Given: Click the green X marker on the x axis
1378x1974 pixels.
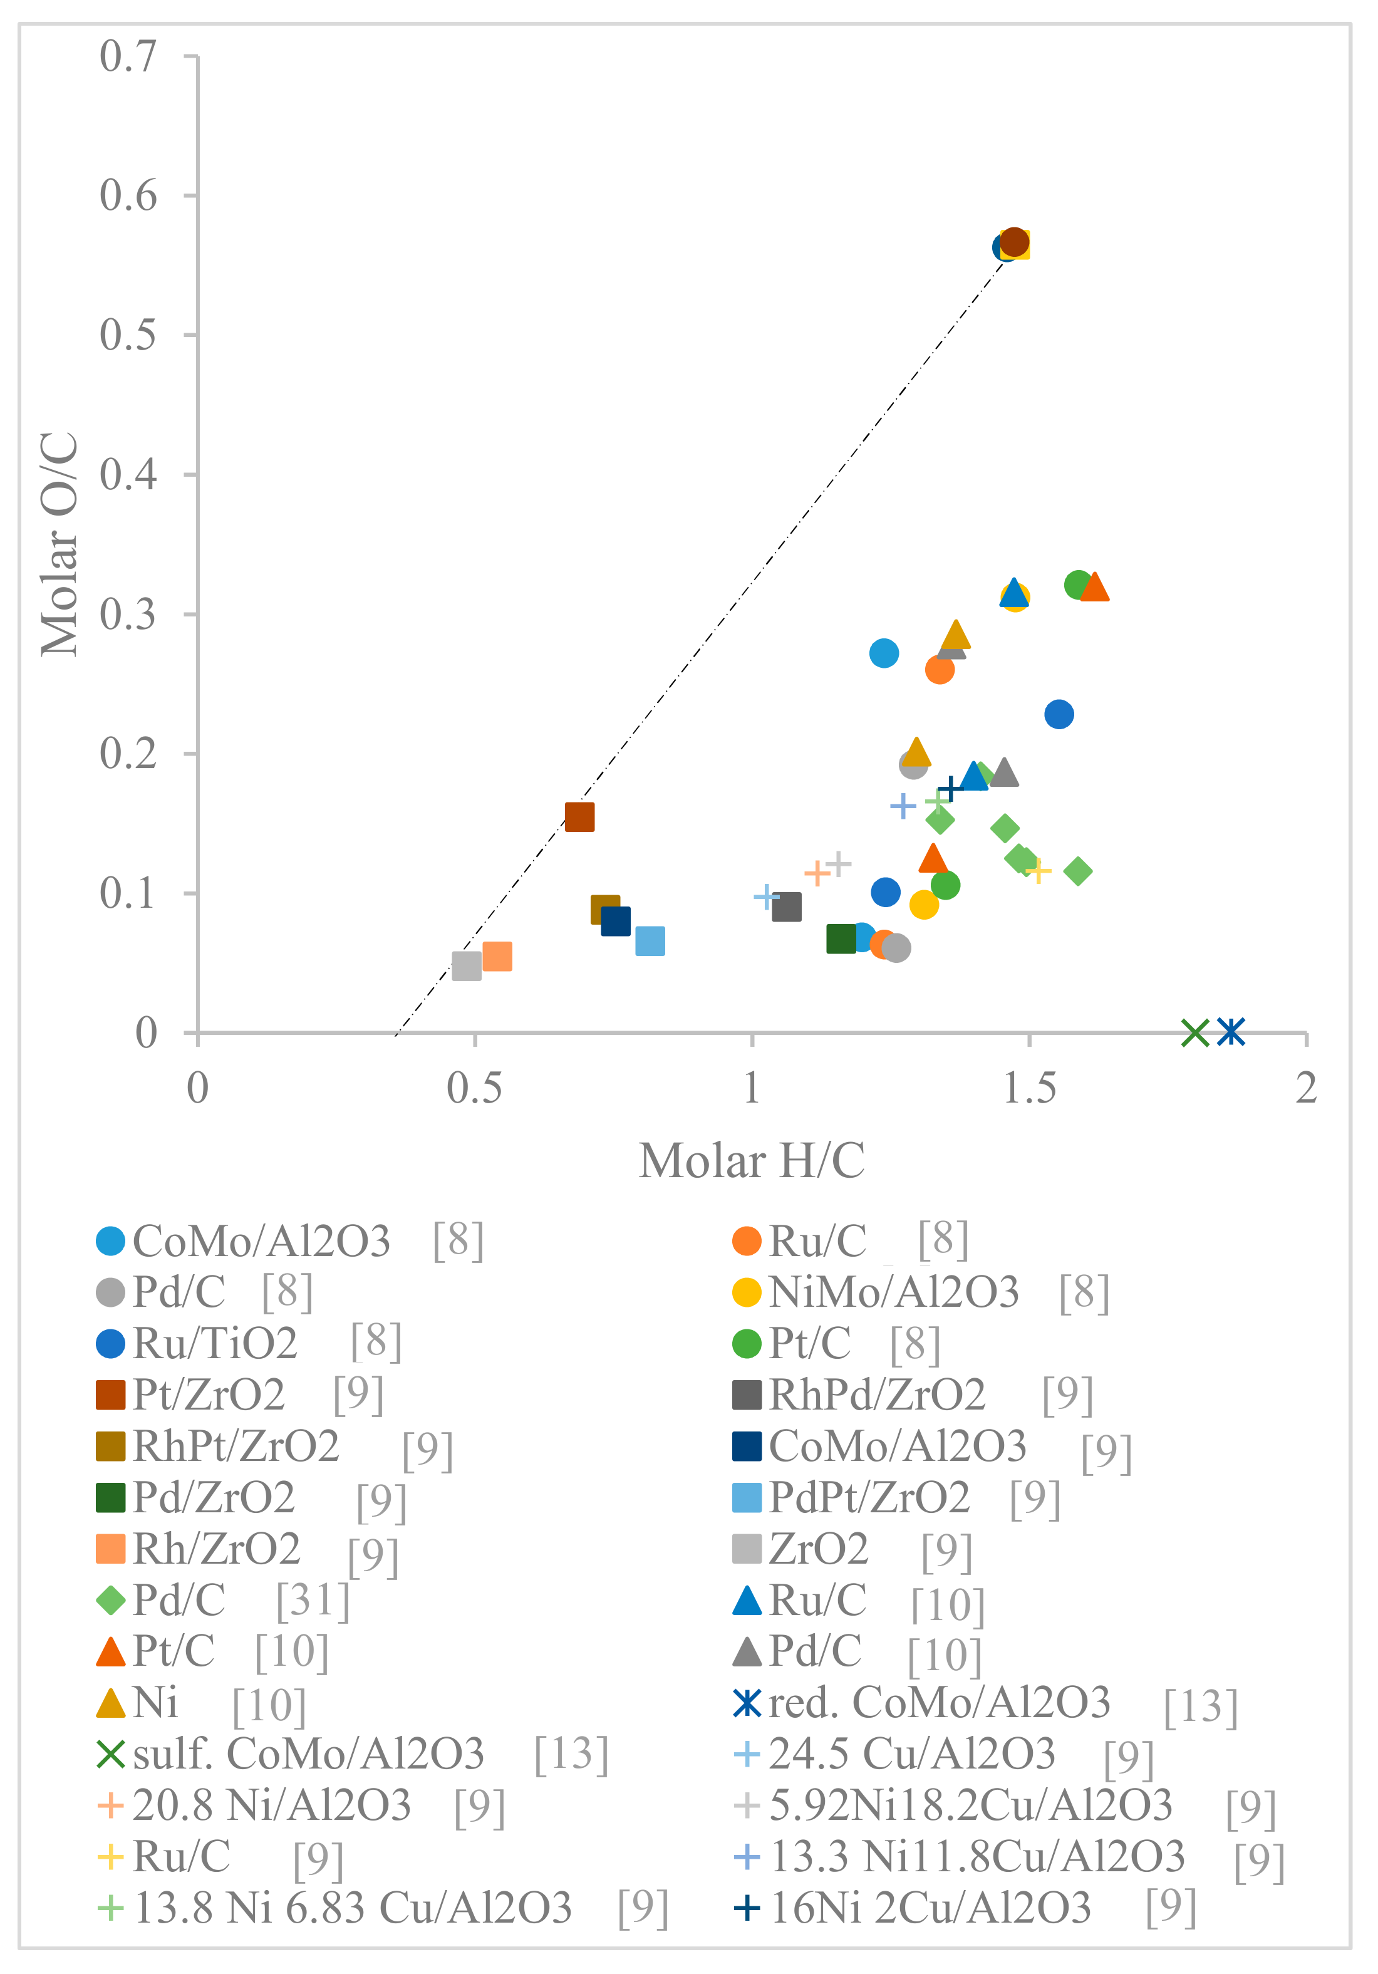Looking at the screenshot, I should [x=1195, y=1032].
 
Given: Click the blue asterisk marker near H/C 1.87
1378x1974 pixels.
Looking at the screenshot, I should [x=1231, y=1031].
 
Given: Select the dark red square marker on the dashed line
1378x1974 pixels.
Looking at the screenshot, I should [x=579, y=817].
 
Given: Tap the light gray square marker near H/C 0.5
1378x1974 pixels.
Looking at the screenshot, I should [x=466, y=965].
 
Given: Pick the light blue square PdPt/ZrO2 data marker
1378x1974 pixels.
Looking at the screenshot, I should [x=650, y=940].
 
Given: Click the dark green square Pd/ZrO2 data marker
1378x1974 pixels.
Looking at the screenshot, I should [x=841, y=939].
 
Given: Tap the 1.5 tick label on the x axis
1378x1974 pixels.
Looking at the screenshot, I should [x=1029, y=1088].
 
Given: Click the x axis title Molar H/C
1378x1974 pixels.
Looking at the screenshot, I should [x=752, y=1161].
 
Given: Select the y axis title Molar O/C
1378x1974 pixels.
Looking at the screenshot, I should [x=60, y=544].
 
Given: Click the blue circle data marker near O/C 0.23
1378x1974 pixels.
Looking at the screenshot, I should [x=1058, y=714].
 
